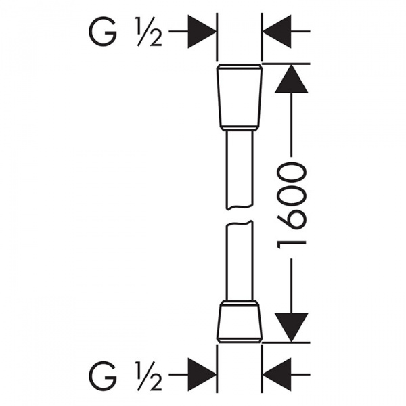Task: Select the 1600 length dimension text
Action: pyautogui.click(x=292, y=203)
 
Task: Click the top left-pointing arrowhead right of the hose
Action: pyautogui.click(x=277, y=31)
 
